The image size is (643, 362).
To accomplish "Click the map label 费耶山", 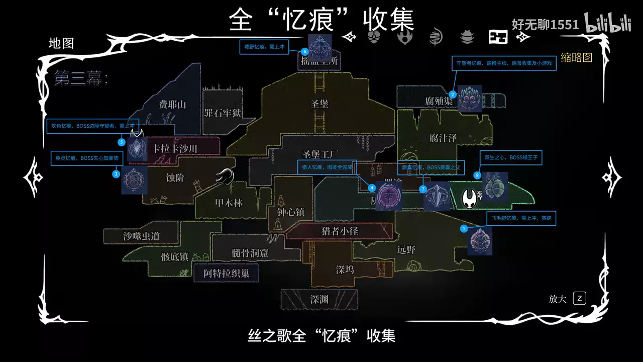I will pyautogui.click(x=172, y=105).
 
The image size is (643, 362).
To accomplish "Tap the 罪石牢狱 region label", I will pyautogui.click(x=223, y=113).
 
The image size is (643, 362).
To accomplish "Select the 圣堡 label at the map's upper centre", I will pyautogui.click(x=319, y=104).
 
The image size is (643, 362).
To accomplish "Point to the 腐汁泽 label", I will pyautogui.click(x=443, y=137).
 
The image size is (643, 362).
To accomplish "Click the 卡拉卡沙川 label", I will pyautogui.click(x=175, y=148).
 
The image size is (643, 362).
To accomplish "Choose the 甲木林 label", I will pyautogui.click(x=229, y=203).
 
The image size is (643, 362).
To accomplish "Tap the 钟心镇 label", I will pyautogui.click(x=291, y=212).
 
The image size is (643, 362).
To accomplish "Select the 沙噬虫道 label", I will pyautogui.click(x=141, y=236).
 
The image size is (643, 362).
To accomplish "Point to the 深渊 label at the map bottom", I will pyautogui.click(x=319, y=299).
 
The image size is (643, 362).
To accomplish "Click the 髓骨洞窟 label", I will pyautogui.click(x=250, y=253).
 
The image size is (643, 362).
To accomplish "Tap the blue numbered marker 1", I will pyautogui.click(x=464, y=228).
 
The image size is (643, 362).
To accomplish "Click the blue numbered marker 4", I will pyautogui.click(x=372, y=188).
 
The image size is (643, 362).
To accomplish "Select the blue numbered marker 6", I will pyautogui.click(x=304, y=51).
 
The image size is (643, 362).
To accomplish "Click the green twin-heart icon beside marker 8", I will pyautogui.click(x=495, y=187).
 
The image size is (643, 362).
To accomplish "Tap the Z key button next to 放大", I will pyautogui.click(x=579, y=298).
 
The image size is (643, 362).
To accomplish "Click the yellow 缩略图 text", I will pyautogui.click(x=577, y=57).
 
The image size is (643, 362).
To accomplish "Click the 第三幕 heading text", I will pyautogui.click(x=81, y=78).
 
